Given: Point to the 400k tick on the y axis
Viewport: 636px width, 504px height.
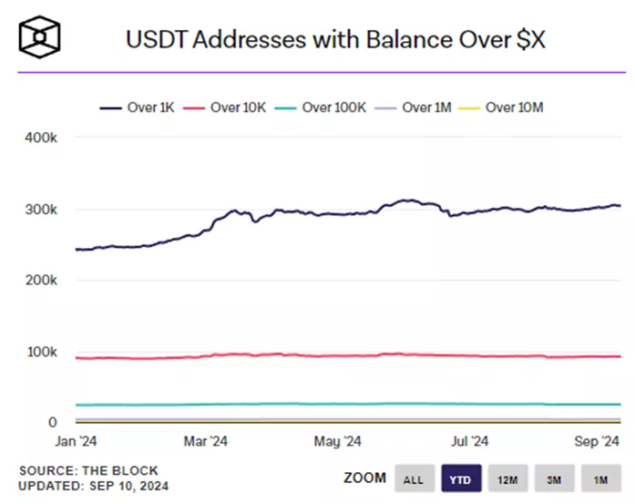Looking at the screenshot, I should click(41, 138).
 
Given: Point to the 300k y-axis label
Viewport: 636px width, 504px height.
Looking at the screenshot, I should click(41, 209).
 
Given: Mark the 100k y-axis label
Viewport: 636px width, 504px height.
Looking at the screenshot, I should click(41, 352).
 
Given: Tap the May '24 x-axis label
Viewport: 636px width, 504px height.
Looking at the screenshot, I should click(337, 441).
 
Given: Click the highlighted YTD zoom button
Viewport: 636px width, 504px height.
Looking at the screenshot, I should click(462, 478).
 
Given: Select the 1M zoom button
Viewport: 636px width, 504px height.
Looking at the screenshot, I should click(600, 478).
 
